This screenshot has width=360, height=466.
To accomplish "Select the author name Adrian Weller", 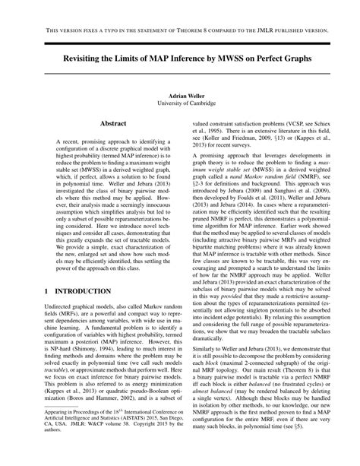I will pyautogui.click(x=180, y=97).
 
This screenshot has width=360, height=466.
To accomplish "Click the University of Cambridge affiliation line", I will pyautogui.click(x=180, y=105).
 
